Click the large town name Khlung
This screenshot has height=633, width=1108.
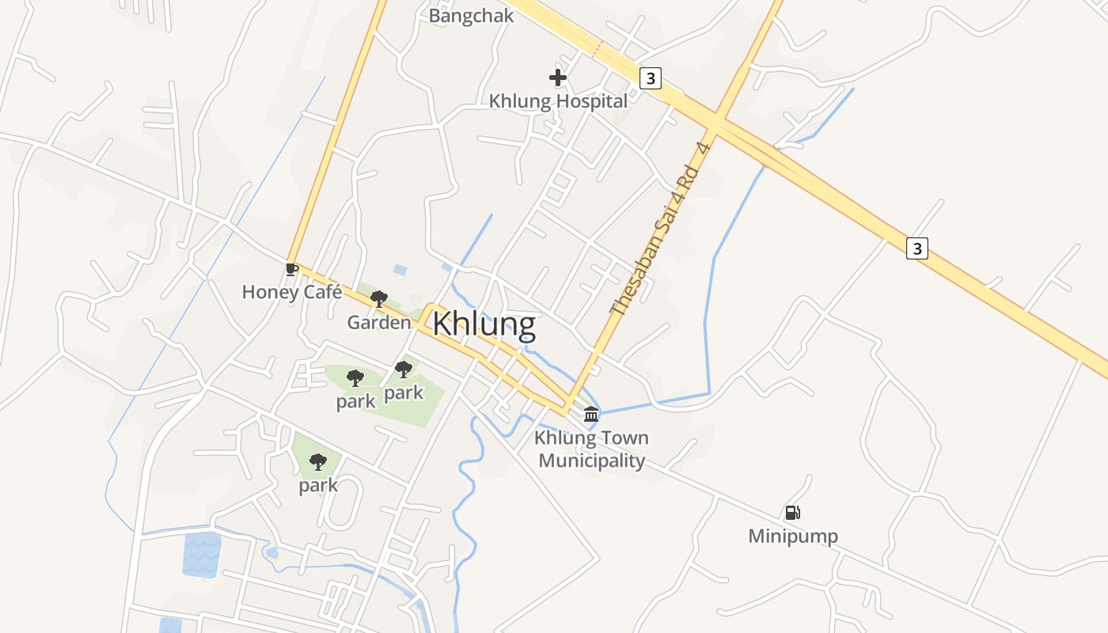coord(484,324)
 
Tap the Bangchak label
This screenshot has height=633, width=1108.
coord(471,16)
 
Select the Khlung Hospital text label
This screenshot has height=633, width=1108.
coord(558,101)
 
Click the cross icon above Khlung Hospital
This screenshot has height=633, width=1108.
coord(558,78)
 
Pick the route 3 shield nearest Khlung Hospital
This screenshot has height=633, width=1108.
coord(650,78)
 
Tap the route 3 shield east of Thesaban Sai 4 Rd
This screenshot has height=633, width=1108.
coord(916,248)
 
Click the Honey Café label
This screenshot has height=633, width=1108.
coord(292,292)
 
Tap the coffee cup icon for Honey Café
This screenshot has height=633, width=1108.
coord(291,269)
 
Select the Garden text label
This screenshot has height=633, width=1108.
coord(379,323)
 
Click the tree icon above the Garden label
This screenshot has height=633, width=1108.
coord(379,299)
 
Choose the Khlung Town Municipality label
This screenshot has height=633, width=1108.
coord(592,449)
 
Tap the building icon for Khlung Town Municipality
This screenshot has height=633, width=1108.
coord(591,414)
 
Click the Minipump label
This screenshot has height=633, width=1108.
coord(793,536)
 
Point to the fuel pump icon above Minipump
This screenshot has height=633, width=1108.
coord(792,513)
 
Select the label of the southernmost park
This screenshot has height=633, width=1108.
coord(318,485)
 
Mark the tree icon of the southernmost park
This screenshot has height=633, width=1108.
coord(318,461)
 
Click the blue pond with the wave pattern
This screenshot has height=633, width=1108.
coord(202,554)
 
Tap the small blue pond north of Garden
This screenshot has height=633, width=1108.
coord(400,271)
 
